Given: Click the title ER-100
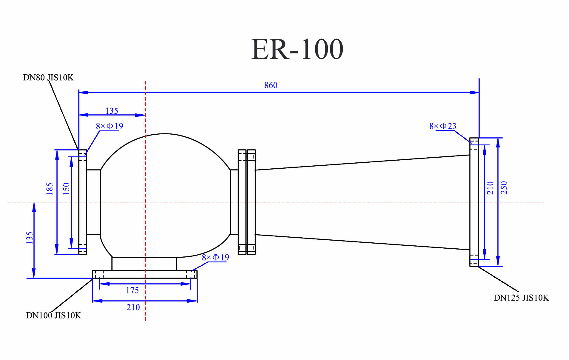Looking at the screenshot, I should [297, 49].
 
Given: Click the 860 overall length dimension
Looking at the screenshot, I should [270, 85].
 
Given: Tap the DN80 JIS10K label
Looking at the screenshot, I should [48, 78].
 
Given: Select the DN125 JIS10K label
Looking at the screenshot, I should [521, 298].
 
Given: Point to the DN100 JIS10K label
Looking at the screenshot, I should [53, 316].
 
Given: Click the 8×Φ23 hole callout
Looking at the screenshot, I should [442, 126].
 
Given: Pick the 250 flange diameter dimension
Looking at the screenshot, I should [504, 187].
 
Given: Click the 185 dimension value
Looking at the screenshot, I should [50, 189].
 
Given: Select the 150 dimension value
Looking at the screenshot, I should [66, 189].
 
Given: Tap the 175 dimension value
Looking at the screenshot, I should [132, 290].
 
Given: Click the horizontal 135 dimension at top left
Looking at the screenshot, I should [112, 111].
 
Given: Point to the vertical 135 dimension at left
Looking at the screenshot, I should [29, 238].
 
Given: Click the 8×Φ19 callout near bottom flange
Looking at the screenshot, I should [215, 258].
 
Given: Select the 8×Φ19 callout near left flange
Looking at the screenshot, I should [109, 126].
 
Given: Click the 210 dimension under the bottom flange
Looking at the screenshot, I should [133, 307].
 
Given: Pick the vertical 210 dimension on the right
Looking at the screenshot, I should [490, 188].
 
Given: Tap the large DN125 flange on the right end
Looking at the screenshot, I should [474, 202].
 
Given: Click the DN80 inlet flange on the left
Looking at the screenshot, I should [82, 202].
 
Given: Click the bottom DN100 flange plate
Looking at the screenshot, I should [144, 274].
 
